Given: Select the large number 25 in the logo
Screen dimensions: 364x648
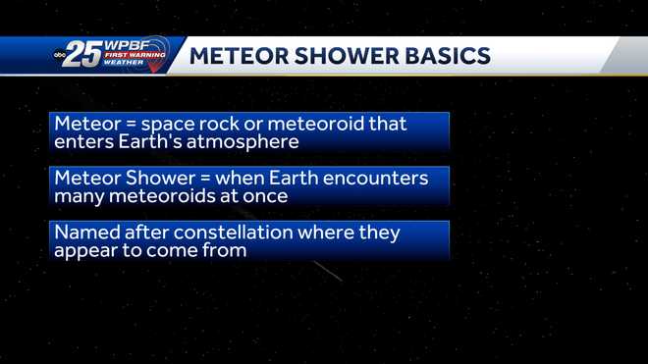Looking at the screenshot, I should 85,56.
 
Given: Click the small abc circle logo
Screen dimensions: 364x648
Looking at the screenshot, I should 59,57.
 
